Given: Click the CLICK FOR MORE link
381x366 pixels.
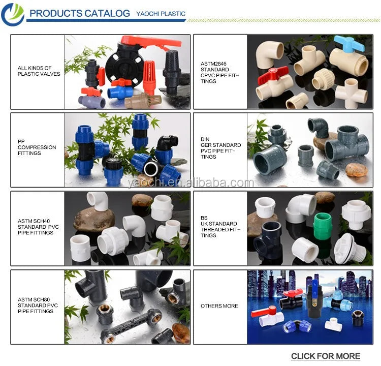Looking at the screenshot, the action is click(x=326, y=356).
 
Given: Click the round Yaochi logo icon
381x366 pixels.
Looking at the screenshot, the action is click(x=13, y=14).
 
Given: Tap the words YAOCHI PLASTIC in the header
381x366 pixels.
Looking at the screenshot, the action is click(x=161, y=14).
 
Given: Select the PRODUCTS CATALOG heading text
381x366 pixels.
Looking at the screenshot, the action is click(x=80, y=13).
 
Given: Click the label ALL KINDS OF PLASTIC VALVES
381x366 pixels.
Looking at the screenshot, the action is click(x=39, y=71).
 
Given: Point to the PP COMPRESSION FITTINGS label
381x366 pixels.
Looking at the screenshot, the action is click(x=37, y=147).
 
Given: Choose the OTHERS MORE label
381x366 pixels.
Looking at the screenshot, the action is click(x=219, y=306).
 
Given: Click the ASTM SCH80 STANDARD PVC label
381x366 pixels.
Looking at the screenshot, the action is click(x=38, y=306).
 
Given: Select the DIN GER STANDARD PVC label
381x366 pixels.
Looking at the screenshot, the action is click(x=220, y=148).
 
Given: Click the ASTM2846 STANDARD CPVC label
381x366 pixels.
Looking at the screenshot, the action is click(x=219, y=73).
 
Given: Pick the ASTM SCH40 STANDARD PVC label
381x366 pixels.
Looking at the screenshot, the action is click(x=38, y=227).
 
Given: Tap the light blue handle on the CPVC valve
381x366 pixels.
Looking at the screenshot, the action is click(x=349, y=43).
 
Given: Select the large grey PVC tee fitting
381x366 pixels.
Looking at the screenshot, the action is click(x=346, y=143).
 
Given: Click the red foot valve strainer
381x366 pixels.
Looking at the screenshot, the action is click(x=149, y=78).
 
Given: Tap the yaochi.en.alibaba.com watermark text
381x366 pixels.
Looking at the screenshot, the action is click(x=190, y=183).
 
